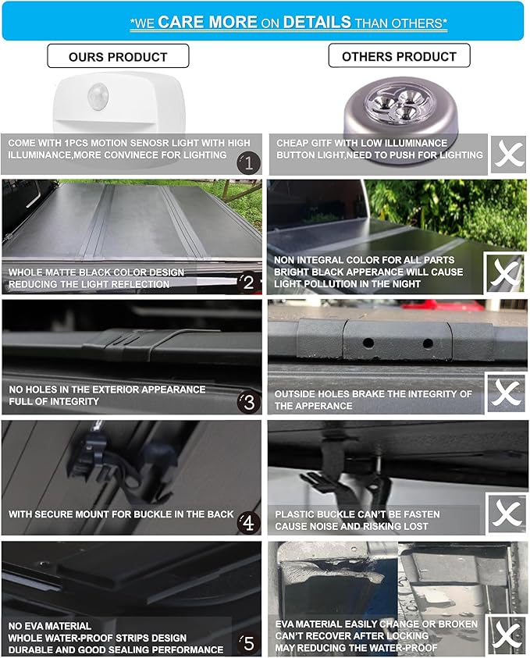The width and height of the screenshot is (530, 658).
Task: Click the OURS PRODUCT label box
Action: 118,56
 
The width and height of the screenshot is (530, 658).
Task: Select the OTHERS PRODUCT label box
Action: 399,55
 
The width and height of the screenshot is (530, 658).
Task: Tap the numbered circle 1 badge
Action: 248,162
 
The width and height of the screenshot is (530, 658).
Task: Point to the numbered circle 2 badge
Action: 248,283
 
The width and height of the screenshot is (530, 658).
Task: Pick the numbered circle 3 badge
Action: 249,403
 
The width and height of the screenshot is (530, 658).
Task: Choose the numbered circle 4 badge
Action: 249,523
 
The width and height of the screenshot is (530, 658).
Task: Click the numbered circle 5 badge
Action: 249,643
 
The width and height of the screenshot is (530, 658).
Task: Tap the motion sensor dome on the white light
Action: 98,97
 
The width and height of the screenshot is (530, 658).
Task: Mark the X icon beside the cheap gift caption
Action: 509,154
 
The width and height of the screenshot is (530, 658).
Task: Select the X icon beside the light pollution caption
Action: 505,272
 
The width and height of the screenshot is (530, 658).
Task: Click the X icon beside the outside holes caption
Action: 506,393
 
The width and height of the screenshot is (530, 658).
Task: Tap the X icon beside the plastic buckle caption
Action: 507,514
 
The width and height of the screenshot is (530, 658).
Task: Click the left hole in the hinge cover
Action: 368,343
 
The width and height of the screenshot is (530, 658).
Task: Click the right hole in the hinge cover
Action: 428,343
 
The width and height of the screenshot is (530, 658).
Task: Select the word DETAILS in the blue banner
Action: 317,22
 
